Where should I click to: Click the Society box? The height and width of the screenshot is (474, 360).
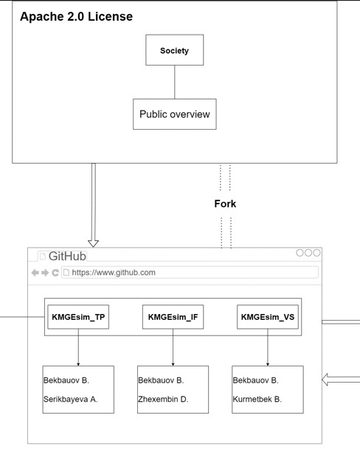click(175, 50)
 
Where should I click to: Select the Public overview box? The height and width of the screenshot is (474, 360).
click(175, 114)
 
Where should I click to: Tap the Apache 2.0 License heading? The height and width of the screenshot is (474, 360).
click(76, 16)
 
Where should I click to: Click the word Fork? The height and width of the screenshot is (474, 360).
click(225, 203)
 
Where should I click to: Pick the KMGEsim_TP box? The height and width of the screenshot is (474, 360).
click(78, 317)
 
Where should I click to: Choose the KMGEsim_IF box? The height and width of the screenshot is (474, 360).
click(173, 317)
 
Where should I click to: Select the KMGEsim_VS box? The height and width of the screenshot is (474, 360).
click(268, 317)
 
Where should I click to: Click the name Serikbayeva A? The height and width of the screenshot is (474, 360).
click(71, 399)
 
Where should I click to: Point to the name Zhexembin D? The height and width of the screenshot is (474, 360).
click(163, 399)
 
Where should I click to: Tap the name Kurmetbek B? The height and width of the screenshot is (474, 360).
click(257, 399)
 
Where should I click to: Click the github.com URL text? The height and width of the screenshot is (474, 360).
click(114, 272)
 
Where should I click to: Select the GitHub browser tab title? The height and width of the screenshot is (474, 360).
click(67, 256)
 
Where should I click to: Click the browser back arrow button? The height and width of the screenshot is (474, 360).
click(35, 273)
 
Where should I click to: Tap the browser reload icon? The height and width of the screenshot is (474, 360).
click(55, 273)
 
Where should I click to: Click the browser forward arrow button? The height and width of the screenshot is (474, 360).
click(45, 273)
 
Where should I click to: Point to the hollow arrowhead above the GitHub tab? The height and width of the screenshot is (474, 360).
click(93, 243)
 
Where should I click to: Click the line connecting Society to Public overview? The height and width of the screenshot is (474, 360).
click(175, 82)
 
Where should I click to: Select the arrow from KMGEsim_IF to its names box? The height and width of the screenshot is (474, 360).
click(173, 347)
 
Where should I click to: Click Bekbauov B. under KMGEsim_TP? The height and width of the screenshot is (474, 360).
click(66, 380)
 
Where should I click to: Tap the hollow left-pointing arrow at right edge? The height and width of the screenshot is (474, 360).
click(341, 380)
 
